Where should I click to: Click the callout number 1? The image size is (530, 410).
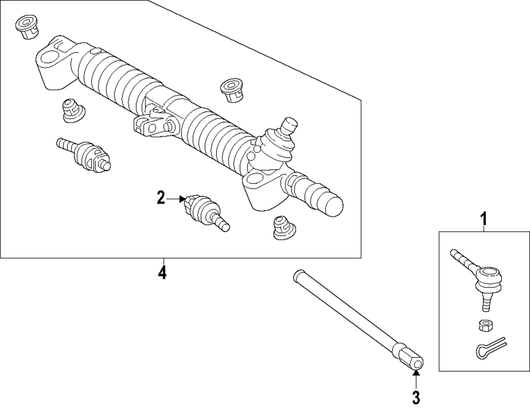tap(483, 217)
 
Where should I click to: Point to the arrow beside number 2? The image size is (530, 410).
tap(175, 199)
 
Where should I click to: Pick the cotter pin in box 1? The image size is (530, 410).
tap(489, 349)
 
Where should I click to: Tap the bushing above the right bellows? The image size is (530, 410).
tap(232, 90)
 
